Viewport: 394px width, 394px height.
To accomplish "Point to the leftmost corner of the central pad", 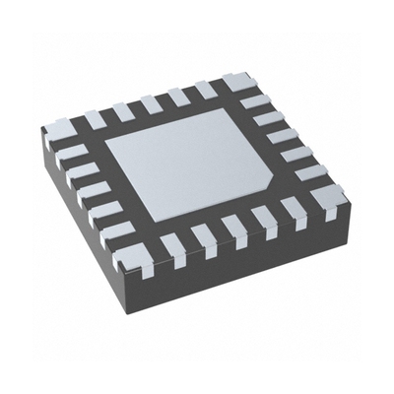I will (105, 139).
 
